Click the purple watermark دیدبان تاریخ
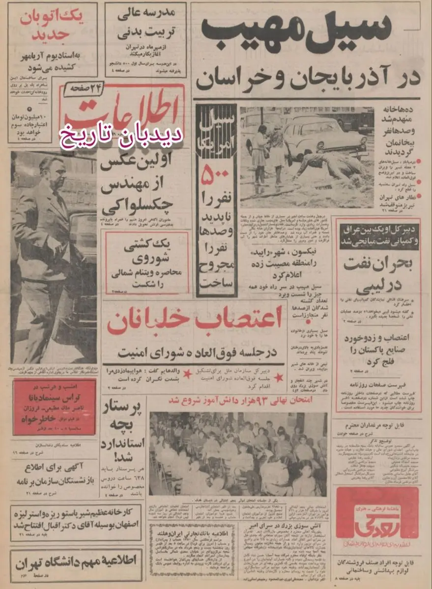[x=121, y=133]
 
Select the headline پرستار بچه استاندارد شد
[x=123, y=432]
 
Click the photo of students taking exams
[x=238, y=454]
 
